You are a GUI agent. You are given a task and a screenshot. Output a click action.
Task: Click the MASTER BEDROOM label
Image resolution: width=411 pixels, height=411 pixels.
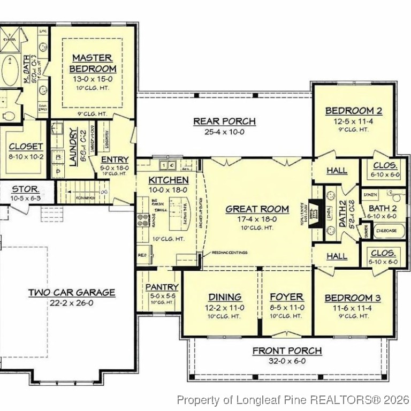pos(92,63)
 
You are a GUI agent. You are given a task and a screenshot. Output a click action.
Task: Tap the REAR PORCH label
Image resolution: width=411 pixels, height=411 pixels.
pos(224,121)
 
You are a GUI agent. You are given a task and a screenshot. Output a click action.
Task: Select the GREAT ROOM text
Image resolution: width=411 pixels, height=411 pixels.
pos(257,209)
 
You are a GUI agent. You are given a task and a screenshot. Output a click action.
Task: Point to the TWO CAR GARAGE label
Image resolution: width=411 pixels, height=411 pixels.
pos(71,292)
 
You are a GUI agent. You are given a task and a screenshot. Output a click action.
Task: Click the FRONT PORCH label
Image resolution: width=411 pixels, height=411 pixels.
pos(287,351)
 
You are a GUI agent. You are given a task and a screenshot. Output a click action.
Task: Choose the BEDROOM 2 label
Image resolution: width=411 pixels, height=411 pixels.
pos(354,111)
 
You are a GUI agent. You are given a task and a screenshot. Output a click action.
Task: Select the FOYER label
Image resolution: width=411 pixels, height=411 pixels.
pos(286,297)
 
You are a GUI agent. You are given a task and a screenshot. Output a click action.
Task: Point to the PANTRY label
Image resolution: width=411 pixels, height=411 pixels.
pos(162,287)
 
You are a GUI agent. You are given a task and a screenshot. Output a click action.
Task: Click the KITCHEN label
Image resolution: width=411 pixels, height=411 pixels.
pos(168,180)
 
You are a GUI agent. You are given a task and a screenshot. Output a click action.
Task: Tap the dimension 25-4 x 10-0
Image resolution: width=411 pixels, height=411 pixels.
pos(224,132)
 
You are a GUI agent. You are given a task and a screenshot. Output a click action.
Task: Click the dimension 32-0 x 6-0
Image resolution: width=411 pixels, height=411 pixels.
pos(287,361)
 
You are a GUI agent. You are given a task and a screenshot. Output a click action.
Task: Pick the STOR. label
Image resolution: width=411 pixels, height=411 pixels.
pos(26,188)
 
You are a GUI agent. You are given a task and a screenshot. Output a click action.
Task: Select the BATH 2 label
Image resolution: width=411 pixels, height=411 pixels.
pos(382,208)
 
